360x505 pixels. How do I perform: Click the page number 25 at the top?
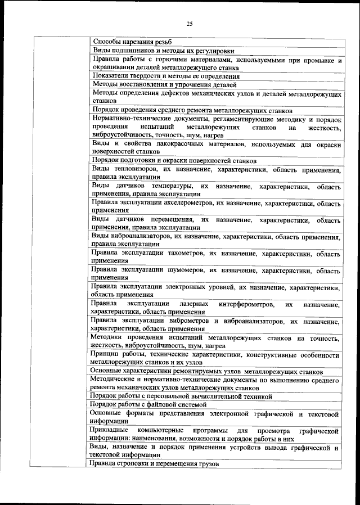[x=190, y=23]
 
